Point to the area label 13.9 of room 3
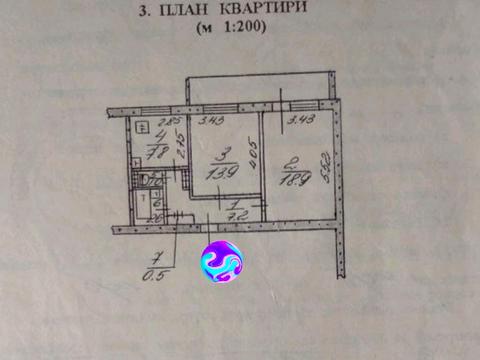coord(222,173)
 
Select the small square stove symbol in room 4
coord(142,126)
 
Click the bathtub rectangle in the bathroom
coord(145,209)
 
